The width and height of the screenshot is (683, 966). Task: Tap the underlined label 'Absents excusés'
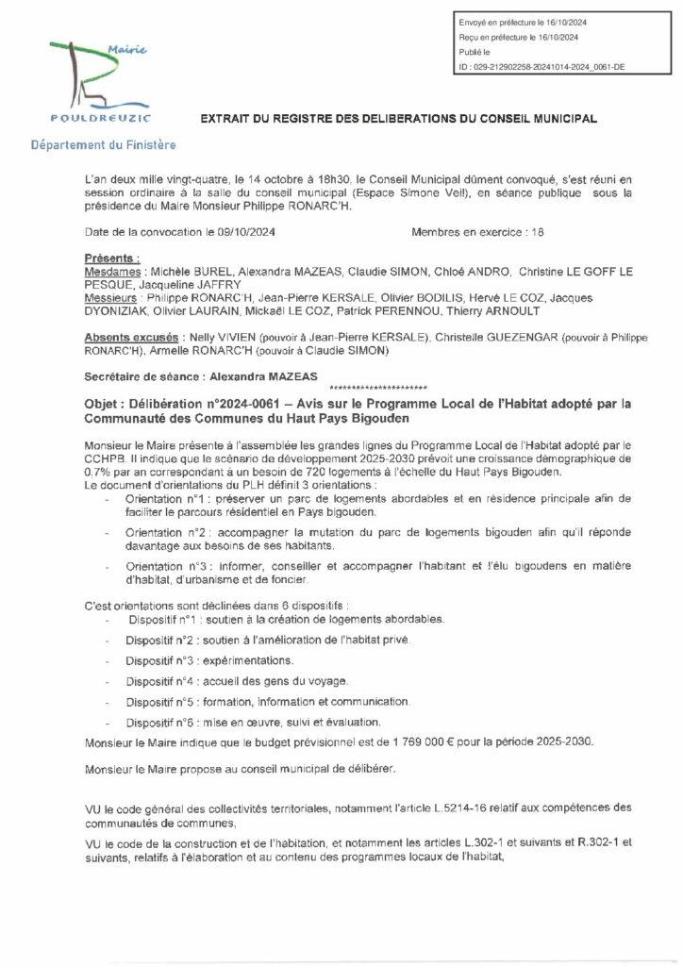coord(128,337)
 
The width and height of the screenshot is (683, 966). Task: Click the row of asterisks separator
coord(379,388)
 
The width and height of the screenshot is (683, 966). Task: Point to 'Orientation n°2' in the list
coord(161,533)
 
